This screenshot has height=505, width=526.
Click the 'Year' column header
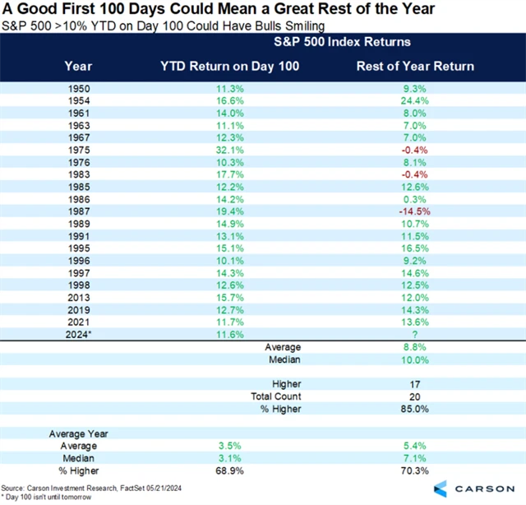coord(79,66)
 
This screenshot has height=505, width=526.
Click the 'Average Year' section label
coord(79,433)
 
